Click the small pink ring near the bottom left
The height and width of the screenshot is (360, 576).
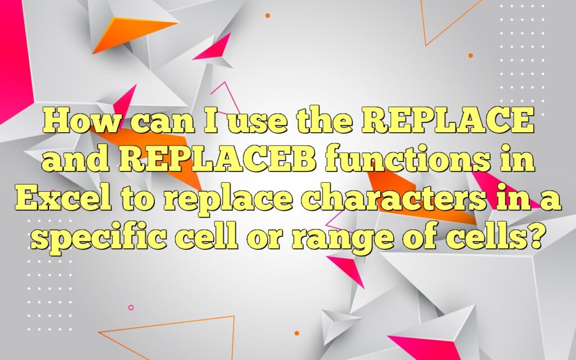click(x=131, y=308)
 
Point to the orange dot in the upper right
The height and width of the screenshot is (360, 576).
click(x=470, y=55)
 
